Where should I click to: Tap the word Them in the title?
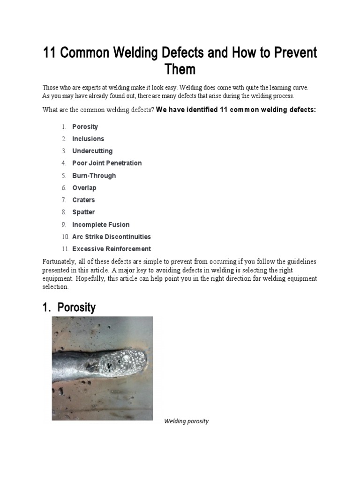click(x=180, y=70)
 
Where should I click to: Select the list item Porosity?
click(x=85, y=127)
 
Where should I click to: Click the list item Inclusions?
click(x=88, y=139)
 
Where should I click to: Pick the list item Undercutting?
click(x=92, y=151)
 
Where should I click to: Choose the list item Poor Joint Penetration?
click(x=107, y=163)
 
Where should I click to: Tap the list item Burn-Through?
click(x=94, y=175)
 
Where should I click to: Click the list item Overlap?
click(x=84, y=187)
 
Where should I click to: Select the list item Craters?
click(x=83, y=200)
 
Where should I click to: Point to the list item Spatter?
click(x=83, y=212)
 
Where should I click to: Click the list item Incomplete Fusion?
click(x=101, y=225)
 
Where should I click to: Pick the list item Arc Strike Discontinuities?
click(x=112, y=237)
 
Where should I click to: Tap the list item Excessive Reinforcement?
click(x=112, y=249)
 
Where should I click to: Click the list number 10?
click(x=65, y=237)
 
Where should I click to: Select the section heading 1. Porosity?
click(x=69, y=307)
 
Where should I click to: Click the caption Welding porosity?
click(x=186, y=421)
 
